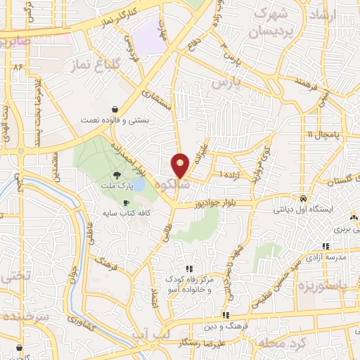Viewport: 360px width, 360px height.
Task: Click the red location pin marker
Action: (181, 166)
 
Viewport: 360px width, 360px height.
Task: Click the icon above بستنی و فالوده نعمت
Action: (114, 110)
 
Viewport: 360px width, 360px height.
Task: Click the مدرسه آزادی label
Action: (326, 257)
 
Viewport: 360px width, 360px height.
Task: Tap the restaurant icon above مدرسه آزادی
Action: (326, 246)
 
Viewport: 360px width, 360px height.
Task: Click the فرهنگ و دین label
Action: (226, 326)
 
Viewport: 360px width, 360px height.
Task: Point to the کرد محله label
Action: (278, 342)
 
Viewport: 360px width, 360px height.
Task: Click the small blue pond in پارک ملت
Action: (138, 184)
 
